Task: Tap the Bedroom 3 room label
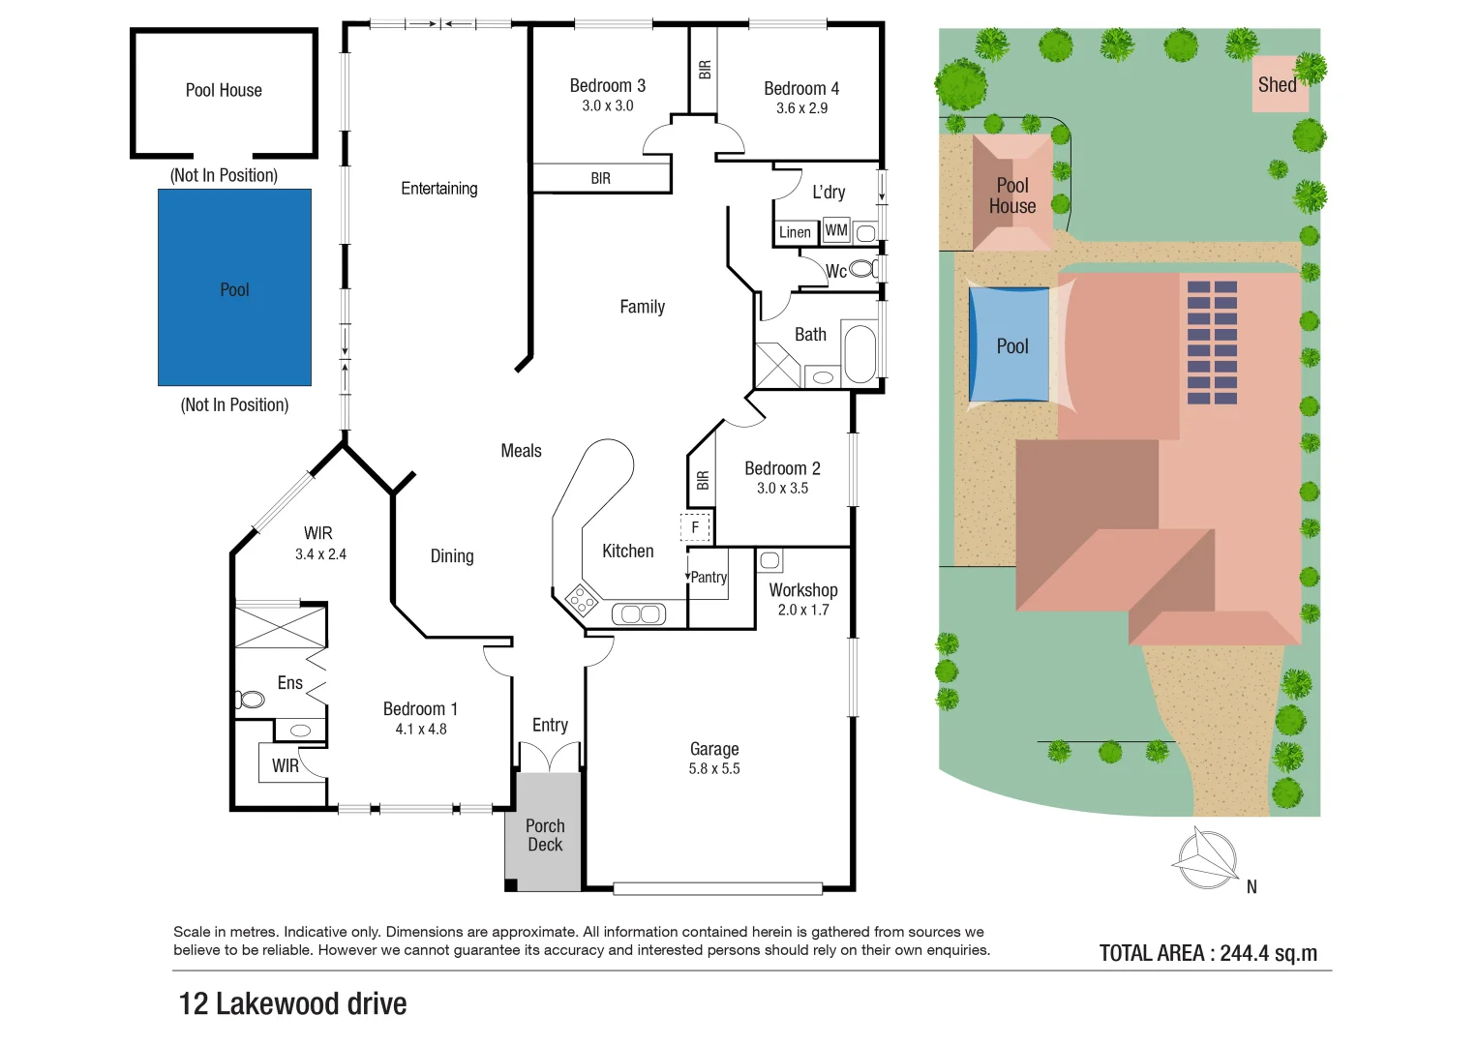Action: (x=607, y=86)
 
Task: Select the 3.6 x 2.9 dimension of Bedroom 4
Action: (x=801, y=108)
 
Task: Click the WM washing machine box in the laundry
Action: (x=836, y=230)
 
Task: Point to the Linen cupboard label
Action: (x=795, y=232)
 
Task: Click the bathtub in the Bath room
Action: (x=860, y=354)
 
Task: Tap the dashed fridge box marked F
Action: (x=695, y=527)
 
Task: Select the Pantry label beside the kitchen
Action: (x=709, y=577)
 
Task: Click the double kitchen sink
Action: (x=638, y=613)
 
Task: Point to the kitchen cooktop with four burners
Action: (x=582, y=601)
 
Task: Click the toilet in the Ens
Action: (x=250, y=699)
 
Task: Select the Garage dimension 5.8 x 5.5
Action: (x=714, y=769)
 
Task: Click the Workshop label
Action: (x=803, y=590)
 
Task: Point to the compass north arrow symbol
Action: (x=1206, y=858)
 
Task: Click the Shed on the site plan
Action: (x=1278, y=85)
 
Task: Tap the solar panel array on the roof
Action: (x=1212, y=343)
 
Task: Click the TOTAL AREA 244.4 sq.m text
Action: (x=1208, y=953)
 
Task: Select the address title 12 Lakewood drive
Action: (x=292, y=1004)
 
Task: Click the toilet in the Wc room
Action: (x=863, y=268)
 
